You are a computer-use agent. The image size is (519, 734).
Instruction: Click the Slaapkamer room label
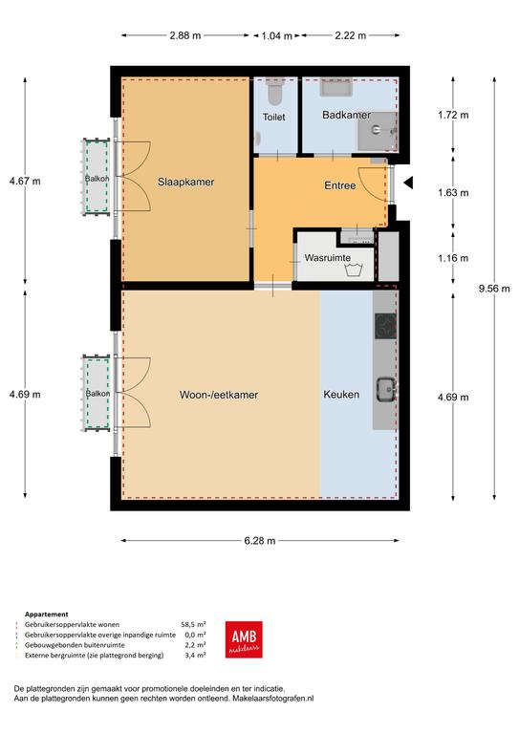click(x=185, y=183)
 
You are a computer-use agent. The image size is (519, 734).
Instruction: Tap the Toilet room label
click(x=273, y=117)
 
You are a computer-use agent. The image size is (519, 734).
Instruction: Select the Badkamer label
click(x=346, y=115)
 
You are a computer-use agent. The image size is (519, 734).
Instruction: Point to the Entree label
click(x=339, y=185)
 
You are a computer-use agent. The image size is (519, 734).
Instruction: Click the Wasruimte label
click(x=328, y=257)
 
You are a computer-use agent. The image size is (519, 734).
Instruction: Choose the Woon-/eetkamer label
click(x=219, y=395)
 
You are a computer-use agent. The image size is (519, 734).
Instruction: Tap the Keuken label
click(x=341, y=394)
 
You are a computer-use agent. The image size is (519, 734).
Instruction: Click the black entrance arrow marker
click(x=408, y=183)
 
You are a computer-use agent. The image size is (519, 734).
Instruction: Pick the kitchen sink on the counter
click(x=386, y=389)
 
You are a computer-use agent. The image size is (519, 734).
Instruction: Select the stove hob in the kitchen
click(x=385, y=326)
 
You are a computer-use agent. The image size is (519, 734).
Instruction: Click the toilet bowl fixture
click(x=274, y=93)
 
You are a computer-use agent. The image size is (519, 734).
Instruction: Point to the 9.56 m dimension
click(x=494, y=289)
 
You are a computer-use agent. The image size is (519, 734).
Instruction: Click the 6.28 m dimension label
click(x=260, y=541)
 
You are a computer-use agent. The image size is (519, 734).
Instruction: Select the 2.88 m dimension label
click(x=185, y=35)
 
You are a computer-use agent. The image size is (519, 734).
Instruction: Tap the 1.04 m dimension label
click(x=276, y=35)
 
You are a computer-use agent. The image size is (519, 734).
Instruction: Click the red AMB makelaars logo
click(x=244, y=639)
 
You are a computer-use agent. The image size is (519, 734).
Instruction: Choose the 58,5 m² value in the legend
click(x=193, y=624)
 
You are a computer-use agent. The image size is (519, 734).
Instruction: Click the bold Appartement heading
click(x=46, y=615)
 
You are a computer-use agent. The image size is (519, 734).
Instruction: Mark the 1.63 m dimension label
click(x=453, y=193)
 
